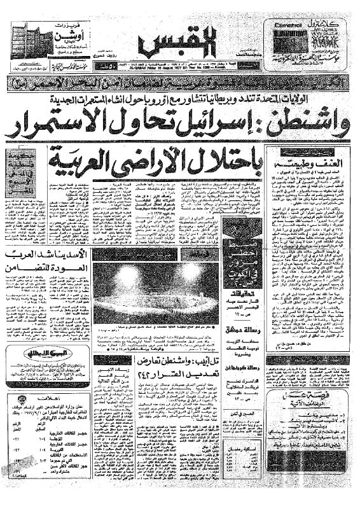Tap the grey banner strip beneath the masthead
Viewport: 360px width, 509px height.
point(179,85)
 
